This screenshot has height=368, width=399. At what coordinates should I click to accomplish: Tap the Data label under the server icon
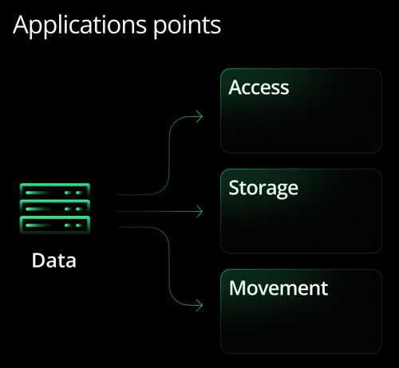click(x=54, y=260)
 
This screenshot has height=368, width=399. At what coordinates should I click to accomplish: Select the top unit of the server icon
click(x=54, y=192)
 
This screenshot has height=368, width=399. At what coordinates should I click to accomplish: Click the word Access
click(x=259, y=87)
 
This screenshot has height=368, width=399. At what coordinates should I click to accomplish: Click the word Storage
click(x=263, y=188)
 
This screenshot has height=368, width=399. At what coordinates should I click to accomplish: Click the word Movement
click(x=278, y=288)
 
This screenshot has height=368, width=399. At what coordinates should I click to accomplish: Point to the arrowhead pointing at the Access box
click(x=199, y=117)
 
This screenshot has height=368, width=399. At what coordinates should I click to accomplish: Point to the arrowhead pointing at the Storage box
click(x=199, y=212)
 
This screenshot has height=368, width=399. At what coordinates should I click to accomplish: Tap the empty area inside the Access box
click(x=302, y=123)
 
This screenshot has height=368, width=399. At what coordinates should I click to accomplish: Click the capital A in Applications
click(x=22, y=25)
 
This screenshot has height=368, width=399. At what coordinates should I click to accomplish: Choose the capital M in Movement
click(x=238, y=288)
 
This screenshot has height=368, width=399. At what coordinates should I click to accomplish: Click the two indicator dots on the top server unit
click(x=77, y=192)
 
